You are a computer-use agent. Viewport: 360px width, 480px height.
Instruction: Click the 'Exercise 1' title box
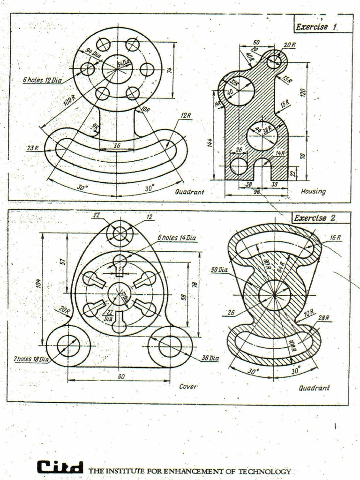pyautogui.click(x=323, y=27)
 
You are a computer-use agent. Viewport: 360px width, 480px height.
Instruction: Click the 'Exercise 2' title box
pyautogui.click(x=321, y=218)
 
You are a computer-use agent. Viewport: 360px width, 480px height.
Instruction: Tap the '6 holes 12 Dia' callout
pyautogui.click(x=42, y=80)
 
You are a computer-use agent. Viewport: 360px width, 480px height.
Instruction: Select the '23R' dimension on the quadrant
pyautogui.click(x=33, y=148)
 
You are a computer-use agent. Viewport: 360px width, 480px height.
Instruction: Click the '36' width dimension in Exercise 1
pyautogui.click(x=117, y=146)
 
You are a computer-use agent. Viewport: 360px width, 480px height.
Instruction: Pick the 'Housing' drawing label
pyautogui.click(x=313, y=191)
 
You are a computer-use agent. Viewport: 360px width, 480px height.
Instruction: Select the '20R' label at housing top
pyautogui.click(x=290, y=45)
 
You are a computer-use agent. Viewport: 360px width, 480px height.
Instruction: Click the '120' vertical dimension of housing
pyautogui.click(x=303, y=92)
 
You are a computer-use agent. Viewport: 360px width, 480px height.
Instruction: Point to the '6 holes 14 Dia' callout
pyautogui.click(x=177, y=238)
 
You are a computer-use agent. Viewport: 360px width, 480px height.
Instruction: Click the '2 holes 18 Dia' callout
pyautogui.click(x=31, y=359)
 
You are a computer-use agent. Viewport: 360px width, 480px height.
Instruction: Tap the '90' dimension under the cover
pyautogui.click(x=121, y=376)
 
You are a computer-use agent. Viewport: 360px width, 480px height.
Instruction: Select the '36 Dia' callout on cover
pyautogui.click(x=210, y=358)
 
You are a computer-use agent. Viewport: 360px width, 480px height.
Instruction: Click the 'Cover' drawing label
pyautogui.click(x=188, y=387)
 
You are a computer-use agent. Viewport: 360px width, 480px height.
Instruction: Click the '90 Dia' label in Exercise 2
pyautogui.click(x=219, y=270)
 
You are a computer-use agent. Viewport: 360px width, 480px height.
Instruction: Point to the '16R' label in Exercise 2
pyautogui.click(x=335, y=238)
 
